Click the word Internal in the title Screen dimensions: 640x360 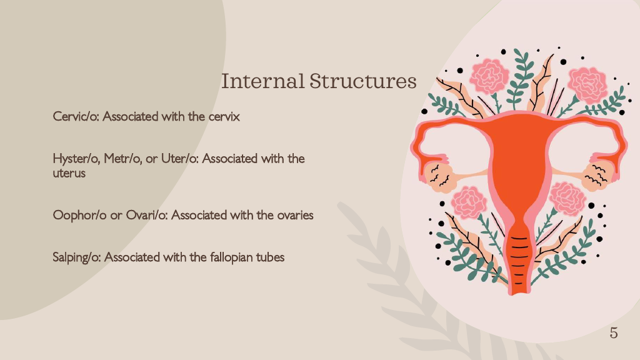click(262, 81)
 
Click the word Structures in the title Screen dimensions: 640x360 click(363, 81)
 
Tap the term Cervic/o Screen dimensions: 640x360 click(76, 116)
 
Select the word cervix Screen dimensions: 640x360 click(224, 116)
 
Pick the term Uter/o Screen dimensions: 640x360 click(179, 158)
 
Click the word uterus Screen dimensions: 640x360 click(69, 173)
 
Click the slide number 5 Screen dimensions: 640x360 click(614, 333)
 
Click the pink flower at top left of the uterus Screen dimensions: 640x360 click(489, 76)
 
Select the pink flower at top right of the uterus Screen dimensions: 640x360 click(588, 85)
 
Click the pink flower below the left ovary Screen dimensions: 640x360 click(469, 202)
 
